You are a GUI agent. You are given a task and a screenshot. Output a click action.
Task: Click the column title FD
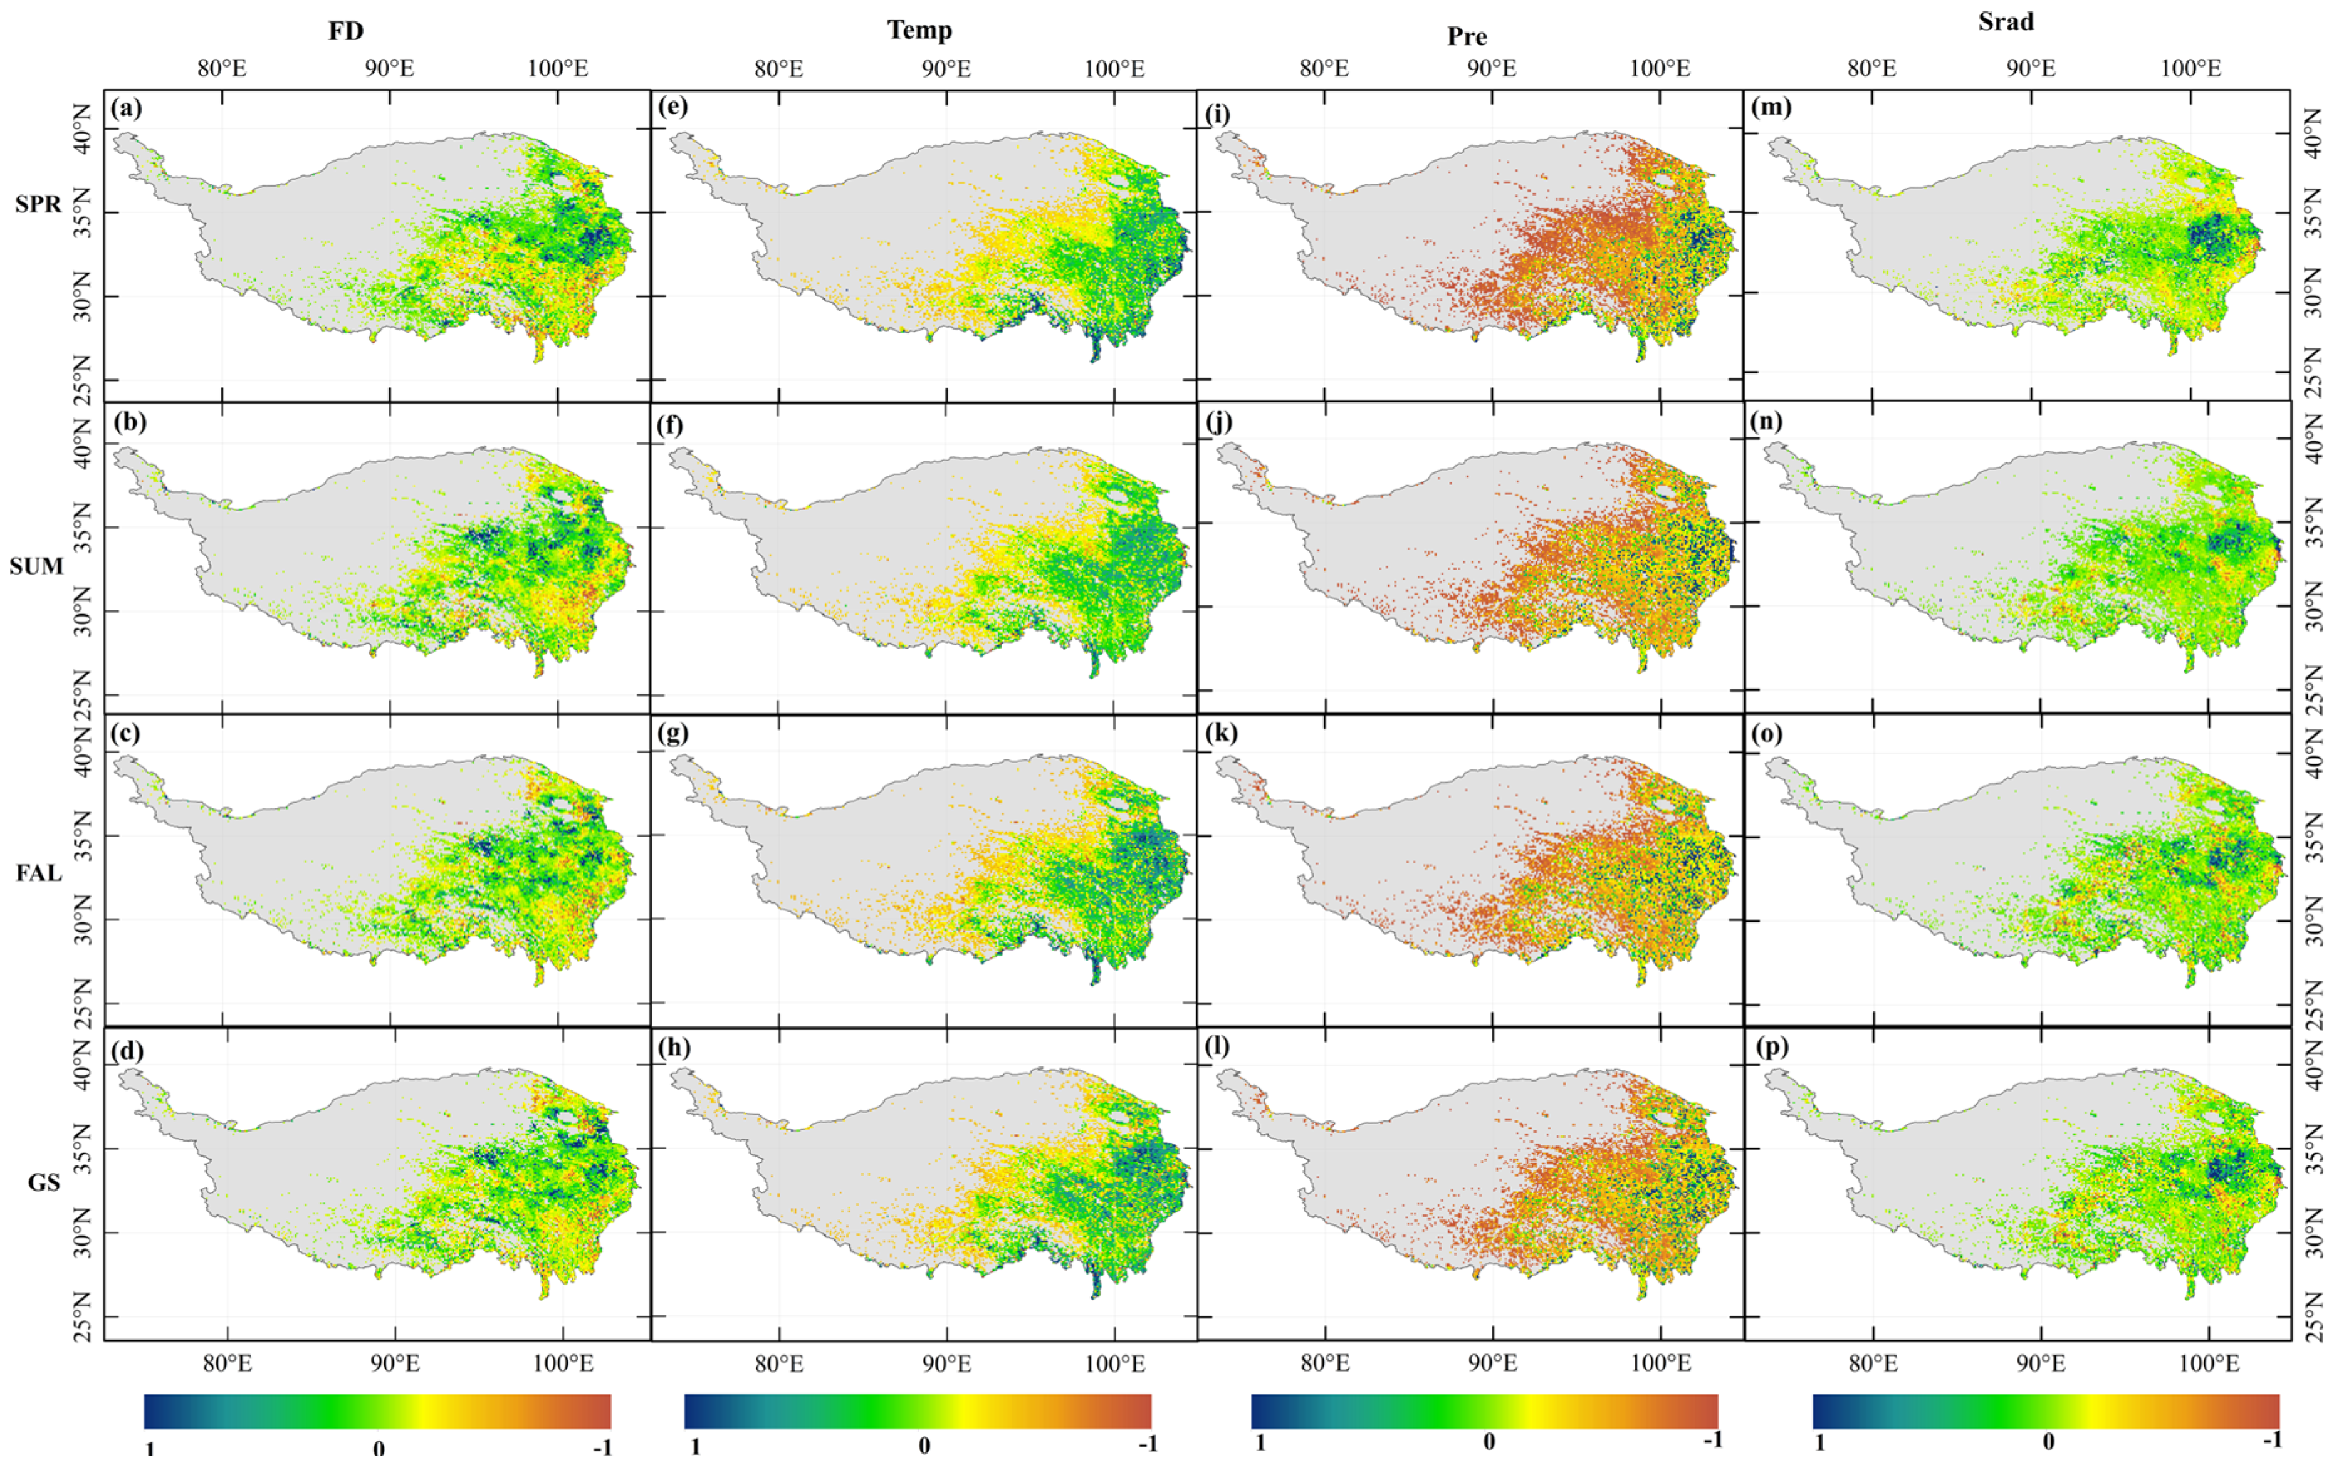(x=346, y=31)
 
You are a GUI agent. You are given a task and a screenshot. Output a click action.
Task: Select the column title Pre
(x=1466, y=37)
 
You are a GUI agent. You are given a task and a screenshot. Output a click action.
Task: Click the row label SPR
(x=38, y=204)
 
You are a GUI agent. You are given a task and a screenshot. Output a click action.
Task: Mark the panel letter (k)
(x=1219, y=734)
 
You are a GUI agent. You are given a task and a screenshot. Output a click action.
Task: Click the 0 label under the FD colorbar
(x=378, y=1447)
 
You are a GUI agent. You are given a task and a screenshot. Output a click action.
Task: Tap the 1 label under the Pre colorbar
(x=1260, y=1442)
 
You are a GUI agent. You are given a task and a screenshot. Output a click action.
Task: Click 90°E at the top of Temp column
(x=946, y=69)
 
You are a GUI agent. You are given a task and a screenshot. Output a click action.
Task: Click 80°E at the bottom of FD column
(x=227, y=1364)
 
